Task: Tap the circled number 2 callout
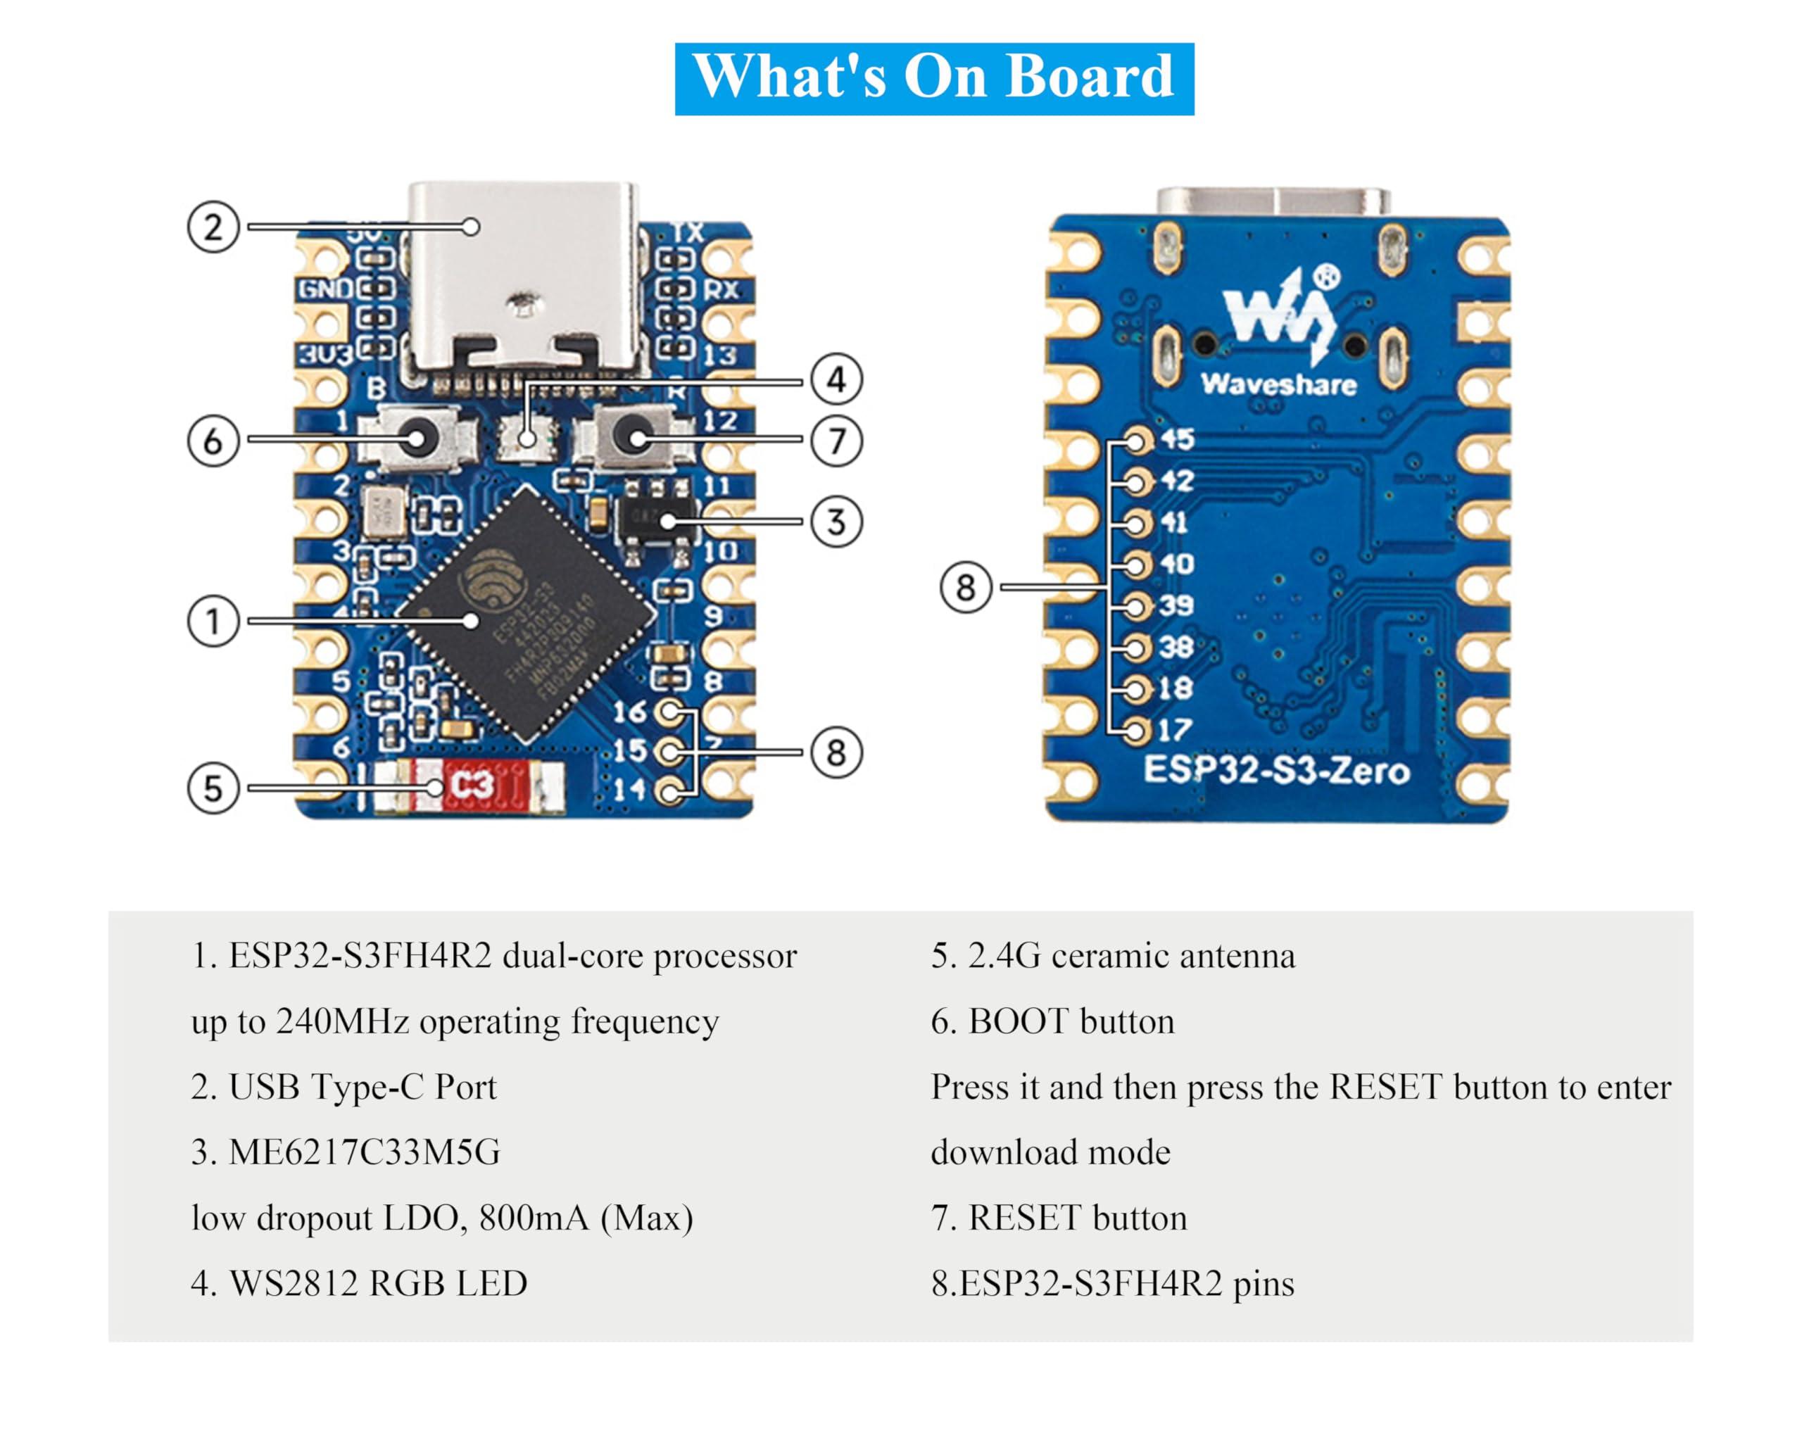(213, 227)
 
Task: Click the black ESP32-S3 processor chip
(527, 614)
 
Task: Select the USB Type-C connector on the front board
(525, 280)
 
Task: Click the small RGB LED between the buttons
(527, 437)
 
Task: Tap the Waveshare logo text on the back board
(1278, 385)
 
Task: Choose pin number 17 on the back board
(1173, 730)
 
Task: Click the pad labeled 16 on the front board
(669, 713)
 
